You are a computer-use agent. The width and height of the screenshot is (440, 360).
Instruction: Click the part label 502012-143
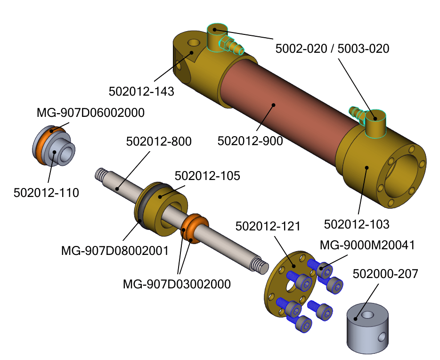coord(141,91)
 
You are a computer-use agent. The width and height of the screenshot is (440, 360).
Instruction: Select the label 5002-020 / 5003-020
coord(332,48)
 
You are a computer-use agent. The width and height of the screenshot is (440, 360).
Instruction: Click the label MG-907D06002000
coord(90,113)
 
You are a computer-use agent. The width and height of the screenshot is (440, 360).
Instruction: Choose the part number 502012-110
coord(46,192)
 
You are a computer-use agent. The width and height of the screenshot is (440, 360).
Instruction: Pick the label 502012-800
coord(159,141)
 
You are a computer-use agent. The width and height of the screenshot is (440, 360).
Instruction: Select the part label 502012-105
coord(207,176)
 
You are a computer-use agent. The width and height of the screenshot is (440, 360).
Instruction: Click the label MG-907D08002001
coord(115,250)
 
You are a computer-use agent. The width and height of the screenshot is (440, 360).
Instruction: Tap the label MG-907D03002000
coord(177,284)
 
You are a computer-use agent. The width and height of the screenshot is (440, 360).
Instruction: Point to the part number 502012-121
coord(268,226)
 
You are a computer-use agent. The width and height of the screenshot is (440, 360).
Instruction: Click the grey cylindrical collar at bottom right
coord(367,330)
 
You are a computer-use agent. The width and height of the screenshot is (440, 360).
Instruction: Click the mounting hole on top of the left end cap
coord(194,43)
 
